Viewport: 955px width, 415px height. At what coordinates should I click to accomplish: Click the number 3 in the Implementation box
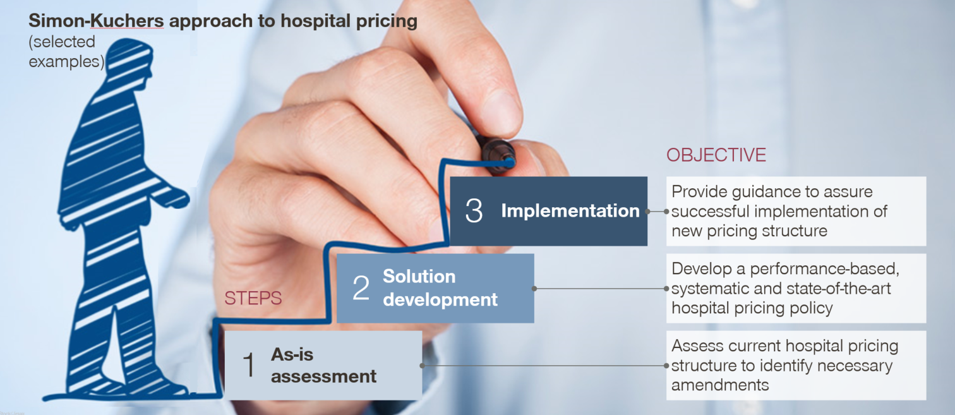pyautogui.click(x=474, y=211)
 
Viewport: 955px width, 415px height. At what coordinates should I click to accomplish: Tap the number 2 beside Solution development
pyautogui.click(x=361, y=288)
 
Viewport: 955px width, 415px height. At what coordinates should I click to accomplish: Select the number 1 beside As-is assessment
pyautogui.click(x=249, y=365)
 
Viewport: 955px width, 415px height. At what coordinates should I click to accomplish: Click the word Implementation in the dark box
pyautogui.click(x=570, y=211)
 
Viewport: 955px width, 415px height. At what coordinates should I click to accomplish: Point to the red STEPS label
pyautogui.click(x=253, y=298)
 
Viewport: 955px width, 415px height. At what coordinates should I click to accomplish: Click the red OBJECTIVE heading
pyautogui.click(x=716, y=155)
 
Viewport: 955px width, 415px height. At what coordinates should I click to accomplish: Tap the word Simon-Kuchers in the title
pyautogui.click(x=96, y=21)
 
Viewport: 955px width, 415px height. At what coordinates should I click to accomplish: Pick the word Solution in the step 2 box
pyautogui.click(x=419, y=277)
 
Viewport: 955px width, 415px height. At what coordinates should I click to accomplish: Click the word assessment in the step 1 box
pyautogui.click(x=323, y=376)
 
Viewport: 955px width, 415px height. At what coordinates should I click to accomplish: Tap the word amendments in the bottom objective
pyautogui.click(x=720, y=385)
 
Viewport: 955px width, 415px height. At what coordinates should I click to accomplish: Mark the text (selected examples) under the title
pyautogui.click(x=66, y=52)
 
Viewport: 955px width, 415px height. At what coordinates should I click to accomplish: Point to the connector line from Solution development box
pyautogui.click(x=600, y=289)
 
